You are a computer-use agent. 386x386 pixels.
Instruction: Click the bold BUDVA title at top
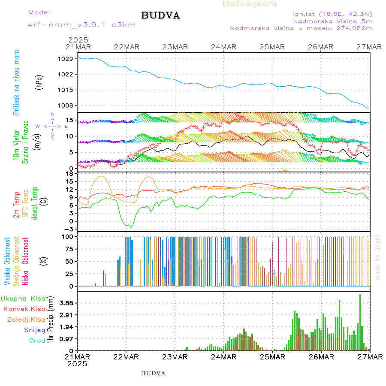[160, 16]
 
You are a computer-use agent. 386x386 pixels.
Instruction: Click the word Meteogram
[250, 4]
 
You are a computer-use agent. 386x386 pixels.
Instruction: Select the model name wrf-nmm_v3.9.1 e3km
[81, 25]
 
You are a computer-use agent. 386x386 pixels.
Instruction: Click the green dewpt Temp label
[35, 202]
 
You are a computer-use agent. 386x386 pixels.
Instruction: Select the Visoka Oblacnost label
[7, 262]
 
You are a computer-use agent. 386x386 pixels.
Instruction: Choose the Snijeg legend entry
[34, 330]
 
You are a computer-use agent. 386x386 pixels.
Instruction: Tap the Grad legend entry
[37, 341]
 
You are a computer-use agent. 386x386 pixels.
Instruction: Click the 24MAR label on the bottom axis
[223, 357]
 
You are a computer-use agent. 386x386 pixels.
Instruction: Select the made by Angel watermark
[378, 257]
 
